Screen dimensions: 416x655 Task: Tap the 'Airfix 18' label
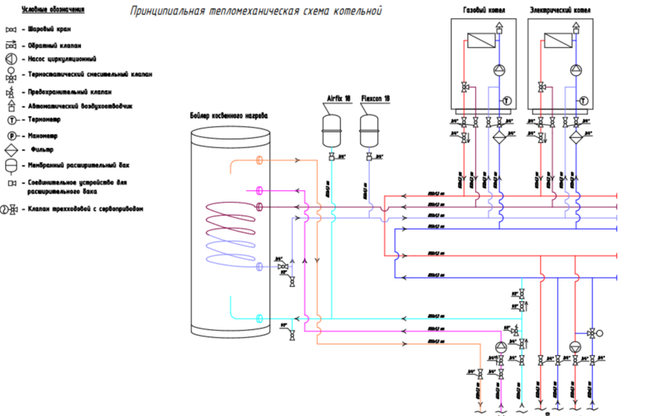[333, 99]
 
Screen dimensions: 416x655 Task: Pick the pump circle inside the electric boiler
[576, 70]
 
